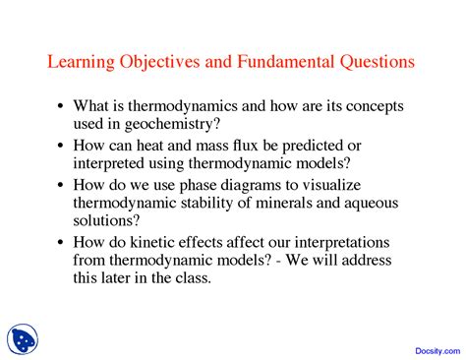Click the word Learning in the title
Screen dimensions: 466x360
(x=82, y=62)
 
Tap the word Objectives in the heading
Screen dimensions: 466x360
(x=159, y=62)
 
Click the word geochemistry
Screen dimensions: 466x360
(x=172, y=124)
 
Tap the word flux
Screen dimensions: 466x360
(x=246, y=146)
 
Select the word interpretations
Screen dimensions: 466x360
(x=342, y=243)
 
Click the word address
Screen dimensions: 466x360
(x=367, y=260)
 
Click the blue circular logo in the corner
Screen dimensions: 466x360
(x=23, y=339)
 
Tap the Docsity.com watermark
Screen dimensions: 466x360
(x=437, y=351)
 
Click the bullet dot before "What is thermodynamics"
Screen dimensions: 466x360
(x=60, y=106)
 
